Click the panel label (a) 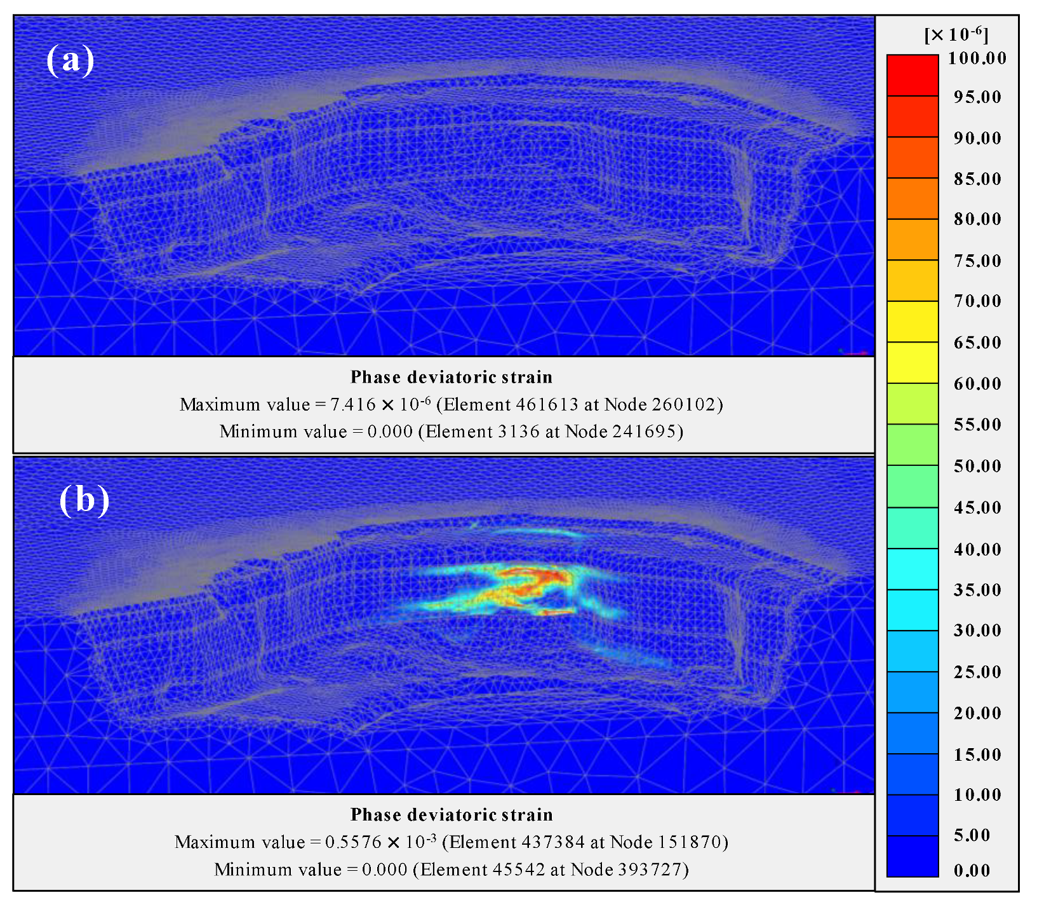[x=70, y=60]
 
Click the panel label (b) [x=84, y=500]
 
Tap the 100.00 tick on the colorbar [x=977, y=58]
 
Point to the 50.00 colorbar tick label [x=977, y=466]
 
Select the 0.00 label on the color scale [x=972, y=870]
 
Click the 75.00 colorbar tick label [x=977, y=261]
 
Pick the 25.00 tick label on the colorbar [x=977, y=672]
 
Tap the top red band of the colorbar [x=912, y=75]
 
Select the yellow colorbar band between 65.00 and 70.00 [x=912, y=321]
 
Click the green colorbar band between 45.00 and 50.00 [x=912, y=486]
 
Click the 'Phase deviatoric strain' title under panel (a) [x=452, y=377]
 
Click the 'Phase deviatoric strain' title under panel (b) [x=452, y=815]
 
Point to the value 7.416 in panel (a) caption [x=351, y=404]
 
